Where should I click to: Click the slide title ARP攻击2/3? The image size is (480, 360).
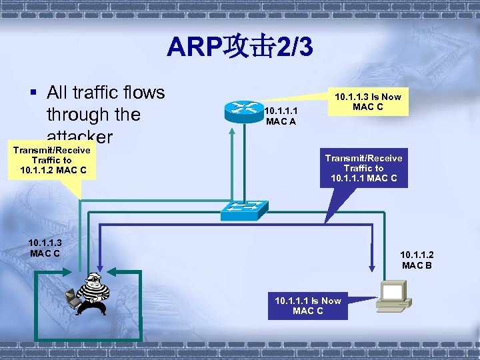tap(239, 48)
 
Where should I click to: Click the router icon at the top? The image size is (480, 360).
tap(243, 111)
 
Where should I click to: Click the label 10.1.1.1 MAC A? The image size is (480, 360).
tap(281, 116)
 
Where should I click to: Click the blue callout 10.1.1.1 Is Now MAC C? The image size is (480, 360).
tap(307, 306)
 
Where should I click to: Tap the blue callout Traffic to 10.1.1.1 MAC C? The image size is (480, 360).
tap(363, 168)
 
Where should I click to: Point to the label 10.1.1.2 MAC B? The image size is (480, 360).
tap(417, 260)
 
